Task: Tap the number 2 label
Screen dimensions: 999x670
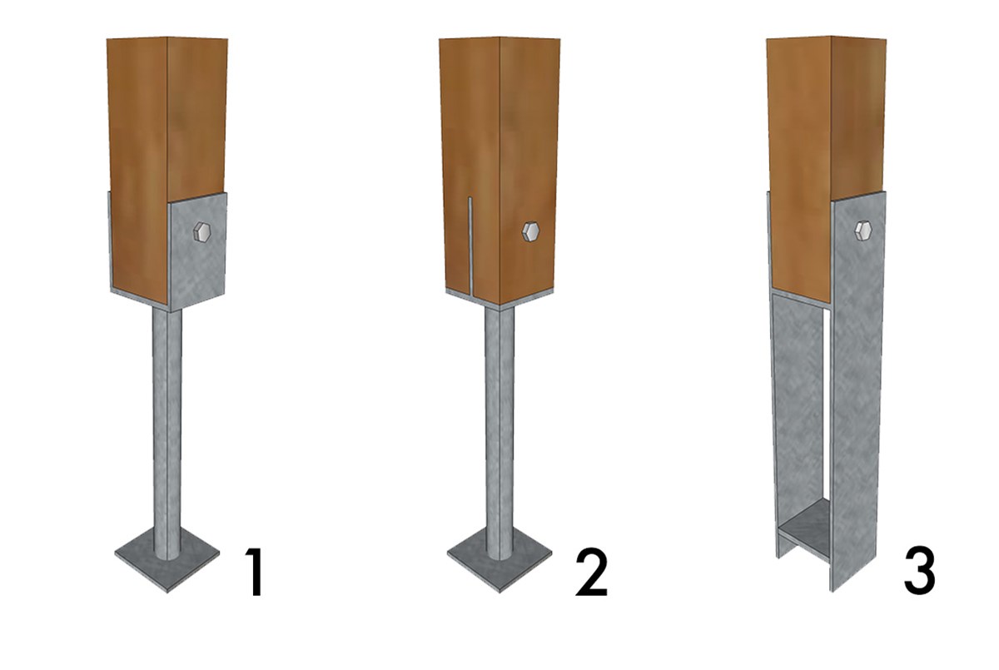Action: tap(592, 572)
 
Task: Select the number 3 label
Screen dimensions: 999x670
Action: tap(919, 572)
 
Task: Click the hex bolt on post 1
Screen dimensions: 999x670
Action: tap(202, 232)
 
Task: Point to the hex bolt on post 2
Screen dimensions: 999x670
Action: tap(531, 232)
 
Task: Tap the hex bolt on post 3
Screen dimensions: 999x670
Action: tap(863, 231)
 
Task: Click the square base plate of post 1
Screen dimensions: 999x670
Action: tap(167, 563)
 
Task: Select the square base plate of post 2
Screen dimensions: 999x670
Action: tap(499, 563)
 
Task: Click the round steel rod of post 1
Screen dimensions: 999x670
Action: tap(167, 433)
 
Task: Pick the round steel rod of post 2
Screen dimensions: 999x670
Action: tap(499, 433)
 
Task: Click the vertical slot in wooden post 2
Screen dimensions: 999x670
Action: tap(470, 246)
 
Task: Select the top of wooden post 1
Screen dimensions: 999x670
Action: tap(167, 38)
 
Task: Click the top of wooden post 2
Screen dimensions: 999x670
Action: tap(499, 38)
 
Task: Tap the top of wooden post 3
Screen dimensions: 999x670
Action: tap(827, 37)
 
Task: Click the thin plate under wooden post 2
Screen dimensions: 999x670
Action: tap(499, 298)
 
